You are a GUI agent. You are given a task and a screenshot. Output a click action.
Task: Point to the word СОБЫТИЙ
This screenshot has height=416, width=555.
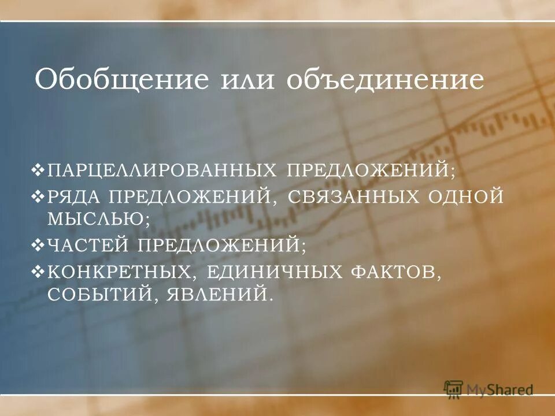click(x=102, y=295)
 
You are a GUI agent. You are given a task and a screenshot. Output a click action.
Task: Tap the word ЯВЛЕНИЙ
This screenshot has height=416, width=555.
click(x=219, y=295)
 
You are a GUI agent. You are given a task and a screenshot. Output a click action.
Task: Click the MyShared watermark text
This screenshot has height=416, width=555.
click(x=501, y=390)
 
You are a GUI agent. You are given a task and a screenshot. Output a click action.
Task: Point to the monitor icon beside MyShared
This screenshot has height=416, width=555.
click(x=454, y=389)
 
